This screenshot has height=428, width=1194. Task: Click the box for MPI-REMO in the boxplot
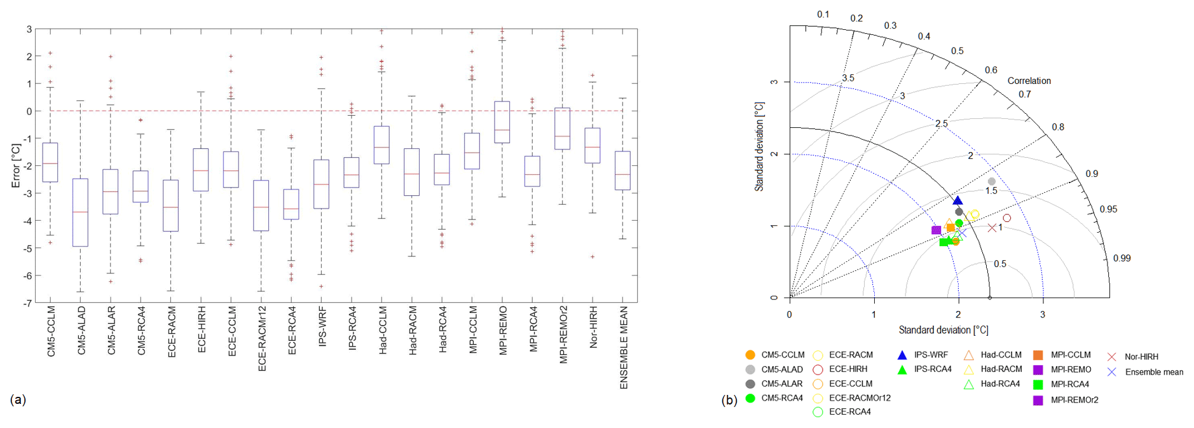pyautogui.click(x=502, y=122)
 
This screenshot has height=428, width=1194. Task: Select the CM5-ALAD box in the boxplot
pyautogui.click(x=81, y=212)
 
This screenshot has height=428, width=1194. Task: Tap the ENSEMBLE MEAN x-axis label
pyautogui.click(x=624, y=347)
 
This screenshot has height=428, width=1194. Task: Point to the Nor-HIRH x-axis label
pyautogui.click(x=593, y=327)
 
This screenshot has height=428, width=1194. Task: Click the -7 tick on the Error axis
pyautogui.click(x=28, y=303)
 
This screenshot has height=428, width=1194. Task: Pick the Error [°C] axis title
pyautogui.click(x=16, y=165)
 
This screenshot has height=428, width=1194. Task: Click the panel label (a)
pyautogui.click(x=18, y=399)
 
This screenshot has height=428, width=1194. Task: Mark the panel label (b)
pyautogui.click(x=729, y=400)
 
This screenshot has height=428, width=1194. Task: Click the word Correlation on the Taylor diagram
pyautogui.click(x=1029, y=81)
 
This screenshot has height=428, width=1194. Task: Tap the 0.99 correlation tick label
pyautogui.click(x=1122, y=258)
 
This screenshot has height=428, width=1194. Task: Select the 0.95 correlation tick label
pyautogui.click(x=1108, y=209)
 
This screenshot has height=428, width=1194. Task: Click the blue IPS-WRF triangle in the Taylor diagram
pyautogui.click(x=958, y=201)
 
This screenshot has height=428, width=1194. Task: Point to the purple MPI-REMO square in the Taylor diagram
pyautogui.click(x=936, y=230)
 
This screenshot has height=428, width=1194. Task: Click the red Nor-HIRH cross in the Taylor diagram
pyautogui.click(x=992, y=228)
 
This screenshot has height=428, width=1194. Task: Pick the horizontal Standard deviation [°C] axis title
pyautogui.click(x=943, y=330)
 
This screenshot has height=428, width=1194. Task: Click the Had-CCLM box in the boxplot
pyautogui.click(x=381, y=145)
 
